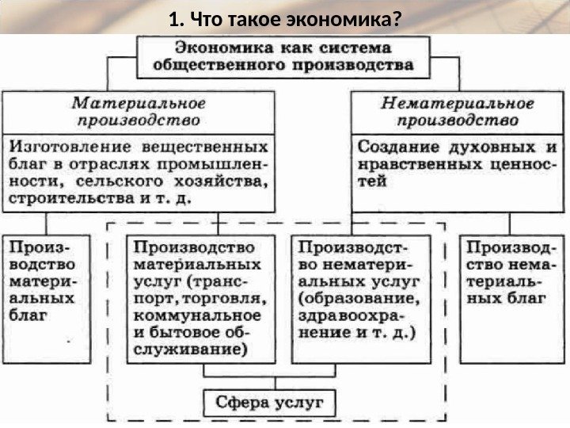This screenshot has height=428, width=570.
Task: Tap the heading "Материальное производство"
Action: (x=139, y=112)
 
